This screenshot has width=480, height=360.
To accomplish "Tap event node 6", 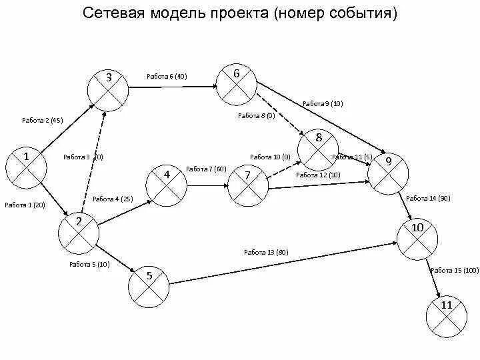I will (x=237, y=84).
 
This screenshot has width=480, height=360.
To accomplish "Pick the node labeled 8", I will (x=318, y=148).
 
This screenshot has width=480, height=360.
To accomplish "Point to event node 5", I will (x=149, y=283).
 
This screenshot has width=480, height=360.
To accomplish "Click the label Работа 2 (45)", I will (x=42, y=121).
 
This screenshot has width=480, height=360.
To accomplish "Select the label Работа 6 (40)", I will (x=167, y=76).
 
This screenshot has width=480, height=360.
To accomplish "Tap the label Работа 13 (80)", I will (x=266, y=252).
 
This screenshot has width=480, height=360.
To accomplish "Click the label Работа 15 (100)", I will (x=455, y=270).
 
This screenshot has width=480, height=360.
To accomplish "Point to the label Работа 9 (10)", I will (x=323, y=103).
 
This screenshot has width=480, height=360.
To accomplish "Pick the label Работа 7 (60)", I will (x=207, y=169).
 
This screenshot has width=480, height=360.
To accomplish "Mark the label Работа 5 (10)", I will (x=89, y=264).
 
